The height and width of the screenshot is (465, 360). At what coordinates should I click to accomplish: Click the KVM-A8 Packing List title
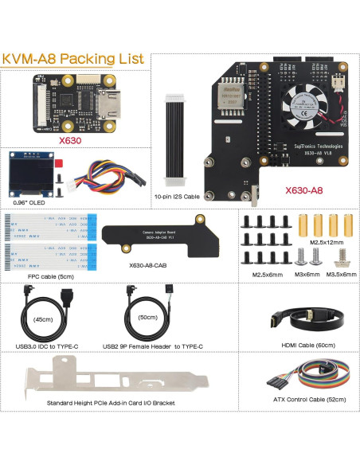(73, 59)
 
